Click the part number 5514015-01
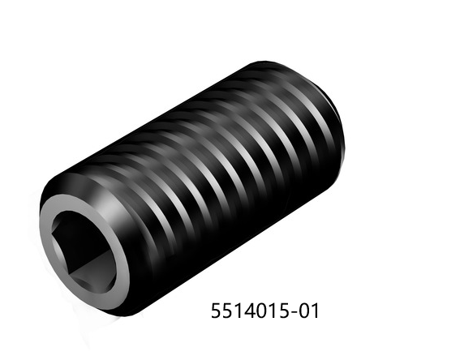[x=265, y=311]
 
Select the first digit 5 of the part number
[x=217, y=311]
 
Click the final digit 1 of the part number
[x=314, y=311]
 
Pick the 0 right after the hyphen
[x=303, y=311]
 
